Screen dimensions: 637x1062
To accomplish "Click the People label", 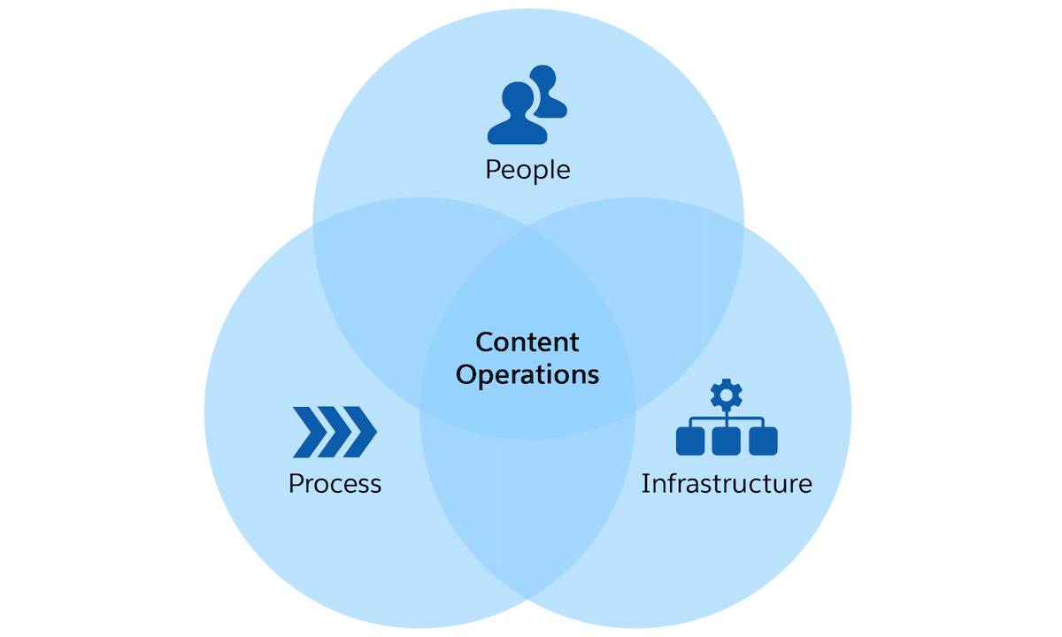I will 527,169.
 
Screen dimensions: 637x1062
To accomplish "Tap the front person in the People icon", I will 517,119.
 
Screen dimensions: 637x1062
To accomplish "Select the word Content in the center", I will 527,342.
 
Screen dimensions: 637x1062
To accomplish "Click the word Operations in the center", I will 527,374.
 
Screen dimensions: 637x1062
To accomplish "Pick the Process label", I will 335,484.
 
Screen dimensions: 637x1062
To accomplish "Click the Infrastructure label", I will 726,484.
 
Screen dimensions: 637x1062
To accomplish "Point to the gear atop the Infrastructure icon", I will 727,394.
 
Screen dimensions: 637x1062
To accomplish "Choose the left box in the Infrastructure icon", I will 689,441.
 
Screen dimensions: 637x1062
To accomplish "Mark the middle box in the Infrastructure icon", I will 727,441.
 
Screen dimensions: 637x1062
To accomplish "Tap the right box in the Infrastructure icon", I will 763,441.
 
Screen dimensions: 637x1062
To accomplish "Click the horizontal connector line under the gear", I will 727,418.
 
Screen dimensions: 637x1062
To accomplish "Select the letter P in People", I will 493,169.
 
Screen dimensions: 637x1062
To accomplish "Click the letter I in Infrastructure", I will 645,484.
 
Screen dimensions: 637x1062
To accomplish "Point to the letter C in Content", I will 484,342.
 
